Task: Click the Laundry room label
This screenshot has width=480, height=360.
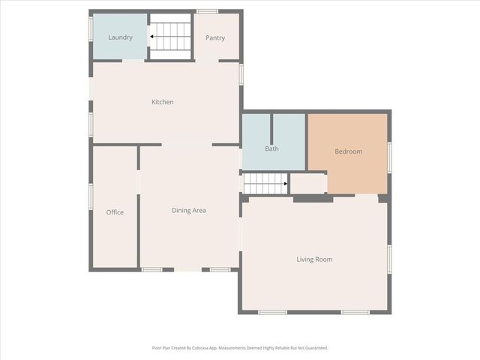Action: (x=120, y=37)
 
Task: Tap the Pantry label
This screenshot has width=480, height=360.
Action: (x=215, y=38)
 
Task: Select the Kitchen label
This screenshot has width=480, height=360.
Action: (x=163, y=102)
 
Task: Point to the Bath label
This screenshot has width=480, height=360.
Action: (x=271, y=148)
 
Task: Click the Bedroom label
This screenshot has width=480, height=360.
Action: (x=348, y=151)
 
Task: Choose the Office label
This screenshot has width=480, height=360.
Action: (x=115, y=212)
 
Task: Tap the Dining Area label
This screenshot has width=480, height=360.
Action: (x=189, y=211)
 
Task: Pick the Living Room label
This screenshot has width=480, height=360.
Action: (x=314, y=259)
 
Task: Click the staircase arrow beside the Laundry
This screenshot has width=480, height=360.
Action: (x=151, y=35)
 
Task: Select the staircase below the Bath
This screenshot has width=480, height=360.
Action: (x=265, y=183)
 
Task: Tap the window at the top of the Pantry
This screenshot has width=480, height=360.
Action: (x=207, y=11)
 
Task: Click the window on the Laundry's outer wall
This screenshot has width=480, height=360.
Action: (x=91, y=30)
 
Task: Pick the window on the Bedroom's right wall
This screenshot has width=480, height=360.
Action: (x=389, y=157)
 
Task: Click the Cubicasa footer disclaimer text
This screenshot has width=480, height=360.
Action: (x=240, y=348)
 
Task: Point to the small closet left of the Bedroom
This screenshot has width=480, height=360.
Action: (x=307, y=183)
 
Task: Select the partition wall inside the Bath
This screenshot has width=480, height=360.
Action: (x=271, y=127)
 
